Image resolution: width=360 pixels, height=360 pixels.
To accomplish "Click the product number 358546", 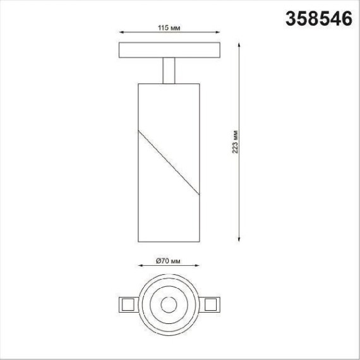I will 318,19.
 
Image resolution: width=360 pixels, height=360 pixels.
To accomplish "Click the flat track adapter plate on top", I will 169,50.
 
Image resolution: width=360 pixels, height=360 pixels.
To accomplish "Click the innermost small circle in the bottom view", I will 168,305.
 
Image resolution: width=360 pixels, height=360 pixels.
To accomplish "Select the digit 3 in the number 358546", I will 292,19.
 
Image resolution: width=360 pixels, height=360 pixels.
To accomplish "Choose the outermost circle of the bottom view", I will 168,277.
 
